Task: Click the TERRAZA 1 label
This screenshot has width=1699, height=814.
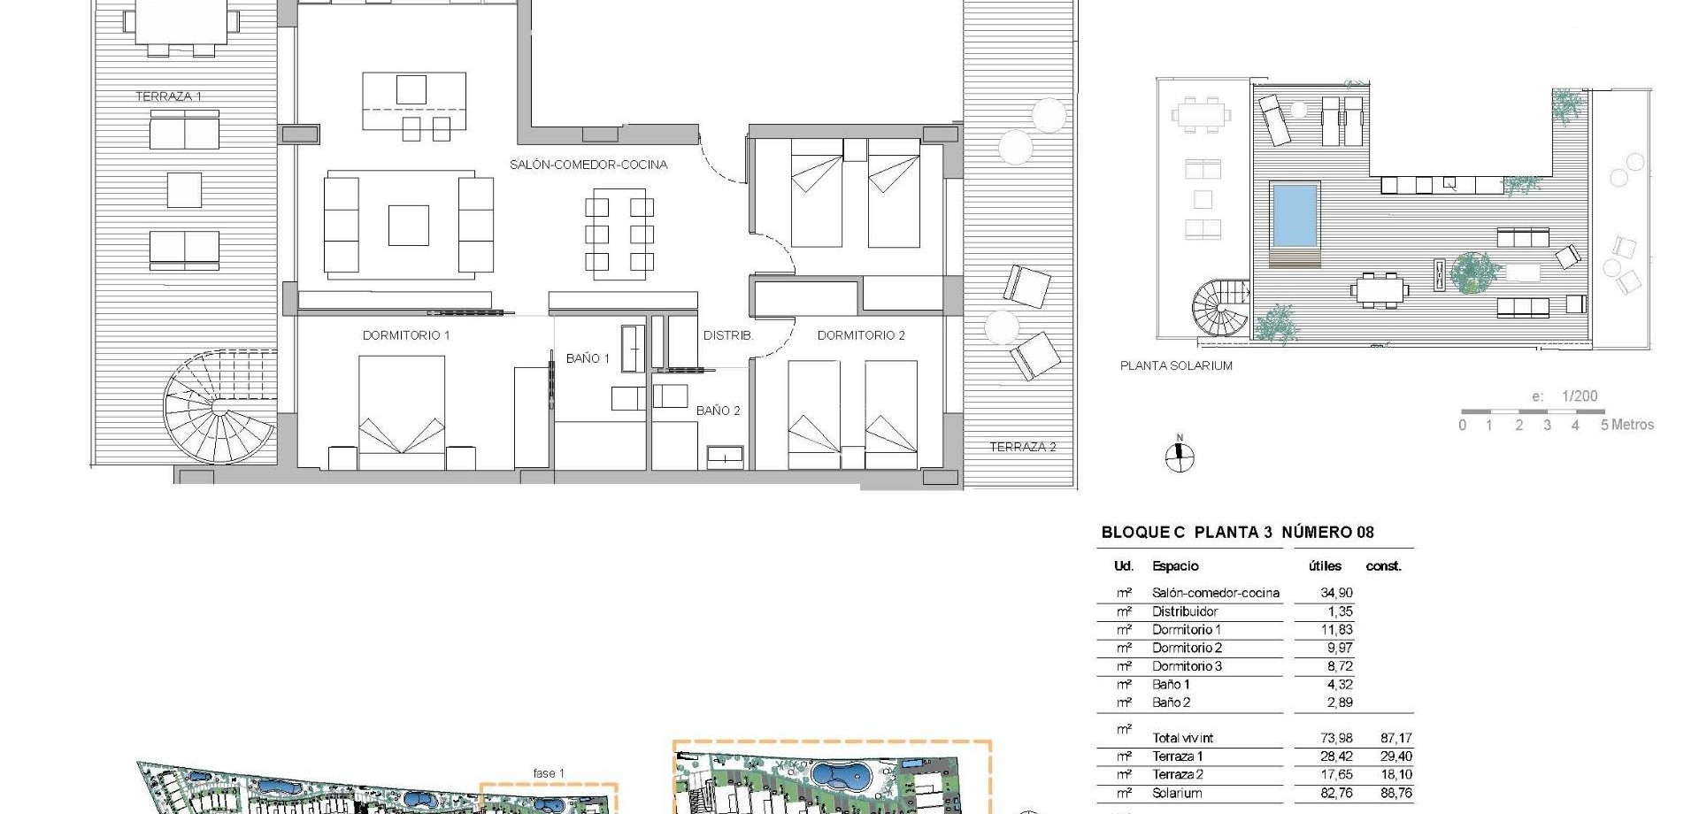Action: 168,96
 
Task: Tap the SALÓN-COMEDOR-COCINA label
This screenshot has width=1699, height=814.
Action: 588,165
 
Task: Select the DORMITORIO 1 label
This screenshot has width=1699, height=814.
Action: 406,335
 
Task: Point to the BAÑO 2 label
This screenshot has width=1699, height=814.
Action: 718,411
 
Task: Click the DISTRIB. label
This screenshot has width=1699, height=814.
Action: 727,335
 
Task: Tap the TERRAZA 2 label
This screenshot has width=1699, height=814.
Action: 1022,447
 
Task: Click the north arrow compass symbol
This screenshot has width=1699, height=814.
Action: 1179,456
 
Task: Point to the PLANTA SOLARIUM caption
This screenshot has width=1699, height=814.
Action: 1176,365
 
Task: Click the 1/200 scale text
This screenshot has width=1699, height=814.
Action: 1579,396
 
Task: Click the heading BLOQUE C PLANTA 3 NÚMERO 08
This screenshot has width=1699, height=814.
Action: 1237,532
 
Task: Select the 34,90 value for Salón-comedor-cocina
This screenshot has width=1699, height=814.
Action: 1336,593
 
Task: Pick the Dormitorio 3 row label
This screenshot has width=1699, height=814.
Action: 1187,666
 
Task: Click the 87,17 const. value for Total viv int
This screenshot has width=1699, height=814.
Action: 1395,738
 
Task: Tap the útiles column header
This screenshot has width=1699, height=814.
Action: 1325,566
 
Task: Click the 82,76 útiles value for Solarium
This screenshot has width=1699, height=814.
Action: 1336,794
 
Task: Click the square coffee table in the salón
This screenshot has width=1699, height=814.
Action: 409,225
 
